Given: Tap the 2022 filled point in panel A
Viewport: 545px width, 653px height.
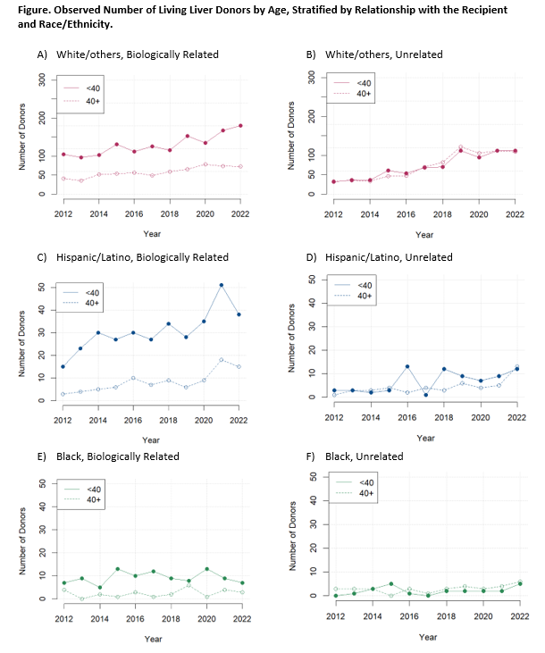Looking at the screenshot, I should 240,126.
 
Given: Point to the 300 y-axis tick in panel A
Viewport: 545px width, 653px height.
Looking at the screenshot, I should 42,80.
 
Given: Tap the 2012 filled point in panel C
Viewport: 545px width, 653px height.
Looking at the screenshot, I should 63,366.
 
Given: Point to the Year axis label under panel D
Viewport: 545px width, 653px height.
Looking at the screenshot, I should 425,438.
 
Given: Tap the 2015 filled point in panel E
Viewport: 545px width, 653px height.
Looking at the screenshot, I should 117,569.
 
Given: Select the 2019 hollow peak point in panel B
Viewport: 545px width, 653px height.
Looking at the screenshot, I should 460,147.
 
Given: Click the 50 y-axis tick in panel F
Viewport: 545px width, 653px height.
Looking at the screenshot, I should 313,477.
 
